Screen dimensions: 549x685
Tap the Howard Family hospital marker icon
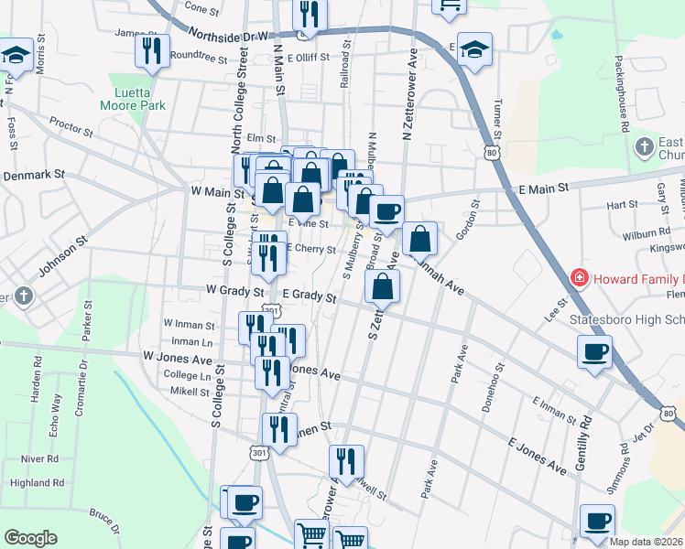tap(579, 277)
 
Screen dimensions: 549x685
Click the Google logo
tap(30, 538)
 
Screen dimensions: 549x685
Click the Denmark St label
tap(35, 174)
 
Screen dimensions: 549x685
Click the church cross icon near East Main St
tap(646, 146)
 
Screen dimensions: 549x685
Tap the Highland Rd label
tap(37, 482)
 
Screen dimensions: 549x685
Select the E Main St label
tap(546, 187)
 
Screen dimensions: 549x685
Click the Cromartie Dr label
tap(81, 394)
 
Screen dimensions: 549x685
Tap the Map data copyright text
tap(644, 542)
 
